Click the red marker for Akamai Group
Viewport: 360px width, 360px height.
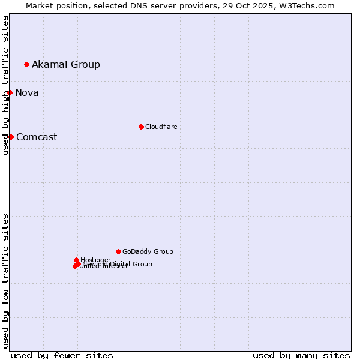26,64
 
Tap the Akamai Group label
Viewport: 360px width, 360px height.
66,64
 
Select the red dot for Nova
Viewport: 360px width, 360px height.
10,92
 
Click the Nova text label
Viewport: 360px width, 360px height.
27,92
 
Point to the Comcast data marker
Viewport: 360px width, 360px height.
11,137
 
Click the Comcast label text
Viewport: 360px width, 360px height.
37,137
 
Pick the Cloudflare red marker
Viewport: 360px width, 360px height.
141,127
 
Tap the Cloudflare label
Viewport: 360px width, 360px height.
161,127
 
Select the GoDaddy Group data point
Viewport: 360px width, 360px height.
118,251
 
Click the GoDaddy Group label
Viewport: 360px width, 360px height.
148,251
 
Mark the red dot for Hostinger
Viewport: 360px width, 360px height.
76,260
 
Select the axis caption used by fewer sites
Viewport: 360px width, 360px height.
62,355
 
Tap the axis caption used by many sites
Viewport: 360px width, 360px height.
301,355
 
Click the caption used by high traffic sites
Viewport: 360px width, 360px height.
5,85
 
